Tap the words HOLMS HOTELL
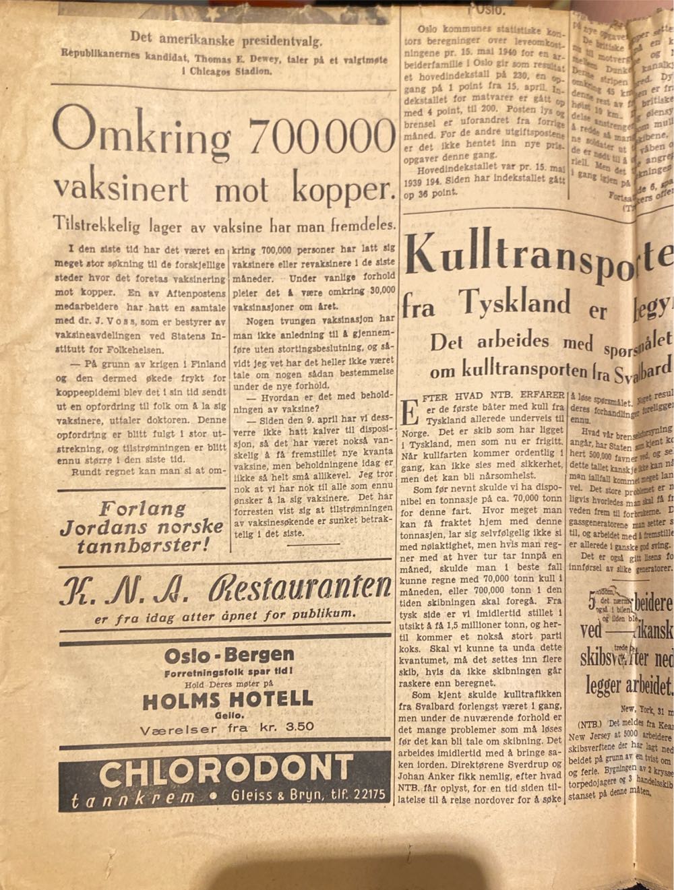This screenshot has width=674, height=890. pos(228,699)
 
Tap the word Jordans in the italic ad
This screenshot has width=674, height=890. pos(105,526)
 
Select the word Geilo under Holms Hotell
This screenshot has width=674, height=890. pos(228,714)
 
